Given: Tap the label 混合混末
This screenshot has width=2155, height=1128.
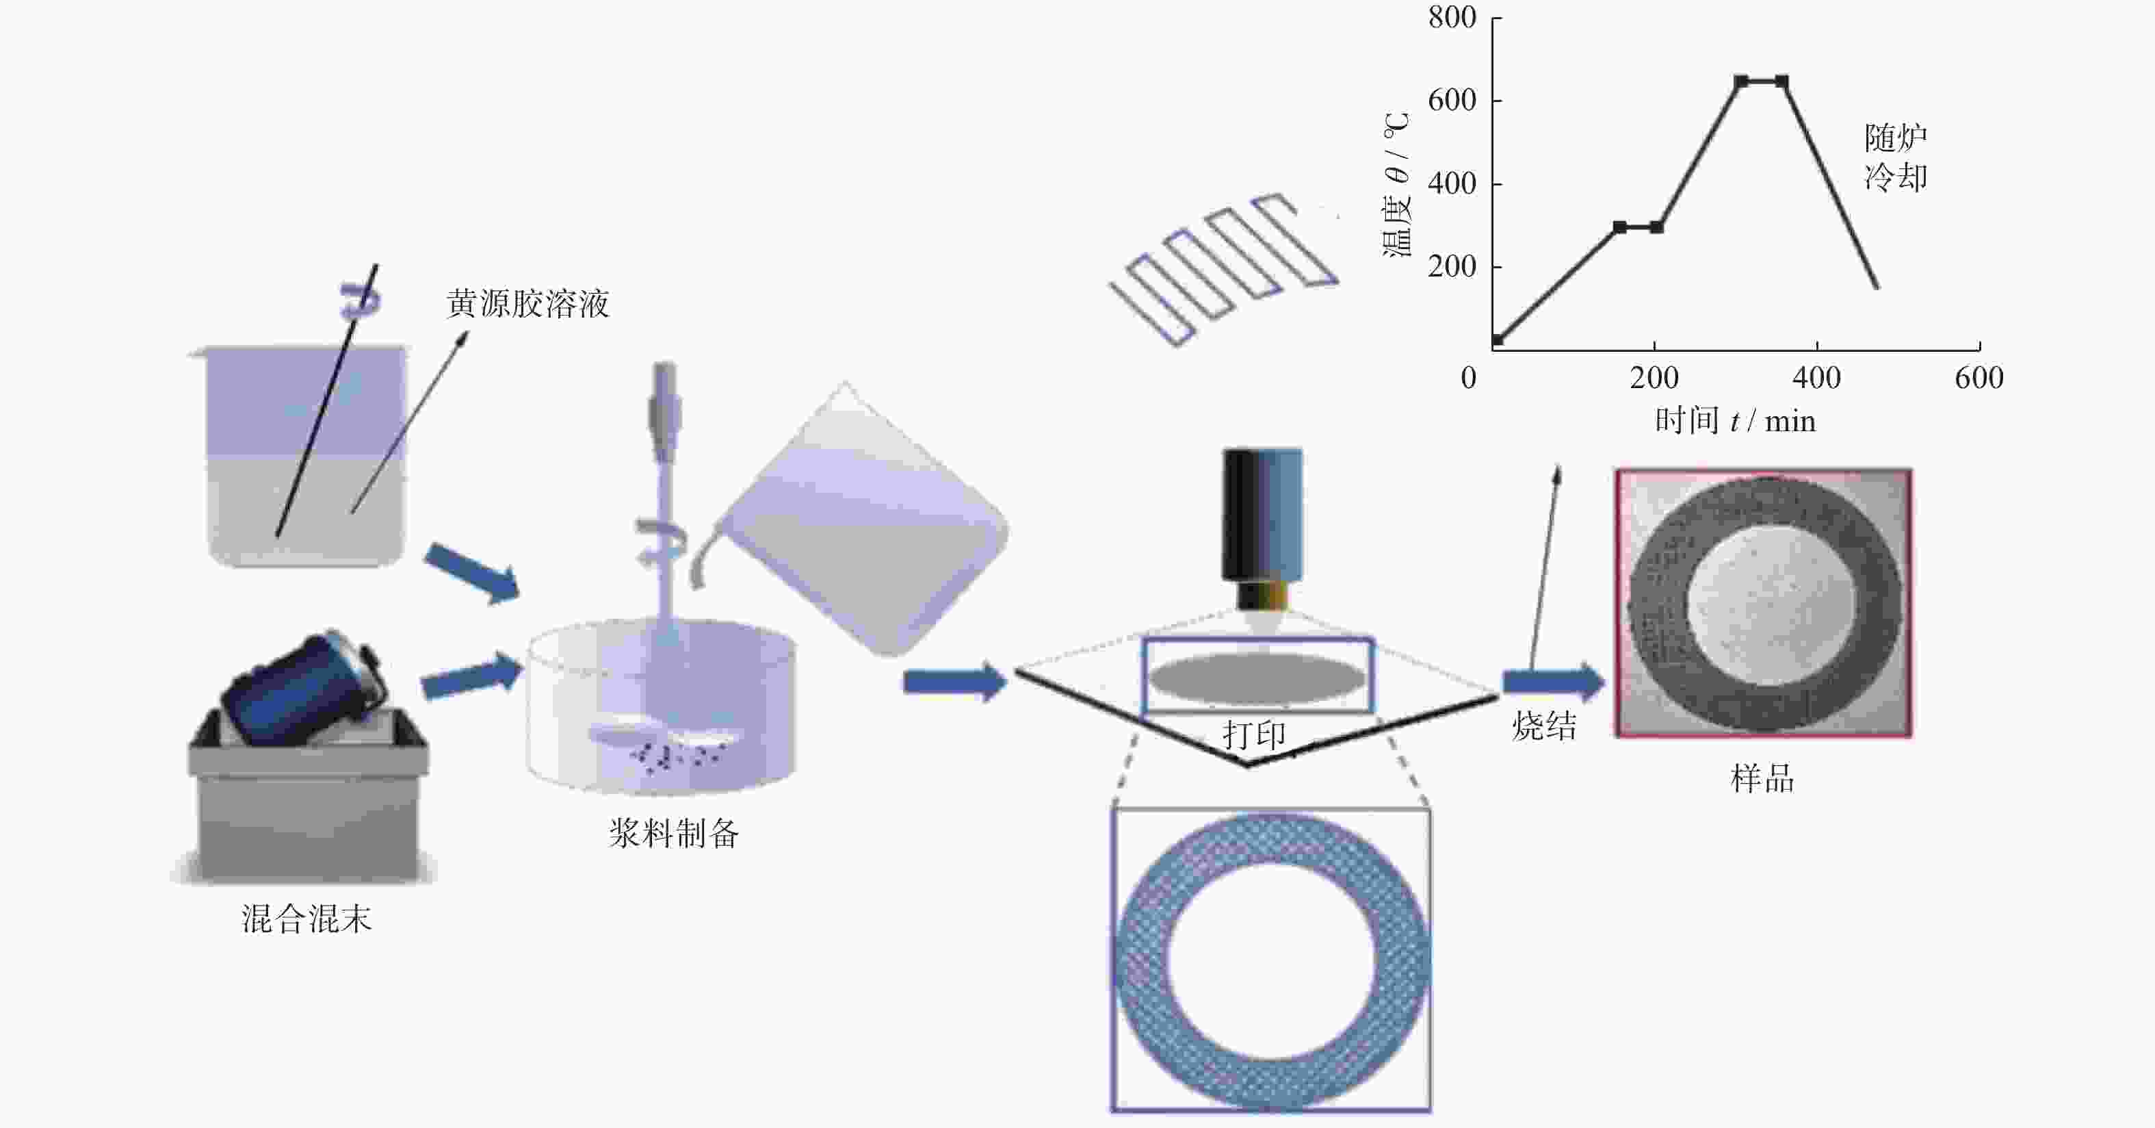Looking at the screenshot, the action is tap(306, 919).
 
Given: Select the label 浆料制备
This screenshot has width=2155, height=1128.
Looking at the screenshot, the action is tap(673, 834).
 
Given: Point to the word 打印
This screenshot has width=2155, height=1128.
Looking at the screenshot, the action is tap(1254, 734).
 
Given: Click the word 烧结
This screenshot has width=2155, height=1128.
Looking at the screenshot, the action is tap(1544, 726).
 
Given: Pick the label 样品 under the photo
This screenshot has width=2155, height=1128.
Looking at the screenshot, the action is tap(1762, 779).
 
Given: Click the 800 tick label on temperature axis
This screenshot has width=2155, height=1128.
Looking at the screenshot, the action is tap(1452, 18).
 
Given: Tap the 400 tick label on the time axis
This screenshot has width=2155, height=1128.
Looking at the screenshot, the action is tap(1816, 379).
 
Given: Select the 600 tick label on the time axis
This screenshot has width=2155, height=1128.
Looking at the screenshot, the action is tap(1978, 379).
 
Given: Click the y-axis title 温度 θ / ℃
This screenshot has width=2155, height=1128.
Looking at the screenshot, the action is tap(1396, 185).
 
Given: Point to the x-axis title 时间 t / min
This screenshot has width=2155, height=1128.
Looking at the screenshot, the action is tap(1735, 420).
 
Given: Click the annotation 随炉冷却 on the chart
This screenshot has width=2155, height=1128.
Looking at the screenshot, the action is tap(1896, 157).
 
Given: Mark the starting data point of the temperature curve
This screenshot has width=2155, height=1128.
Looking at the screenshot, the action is tap(1498, 339).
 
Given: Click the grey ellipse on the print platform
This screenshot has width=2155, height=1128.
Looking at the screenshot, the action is tap(1257, 677).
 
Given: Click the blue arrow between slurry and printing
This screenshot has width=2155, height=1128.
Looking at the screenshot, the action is tap(954, 682).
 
